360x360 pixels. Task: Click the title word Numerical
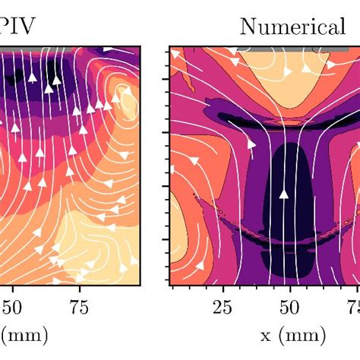pyautogui.click(x=292, y=27)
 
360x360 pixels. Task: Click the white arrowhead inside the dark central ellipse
pyautogui.click(x=284, y=194)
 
